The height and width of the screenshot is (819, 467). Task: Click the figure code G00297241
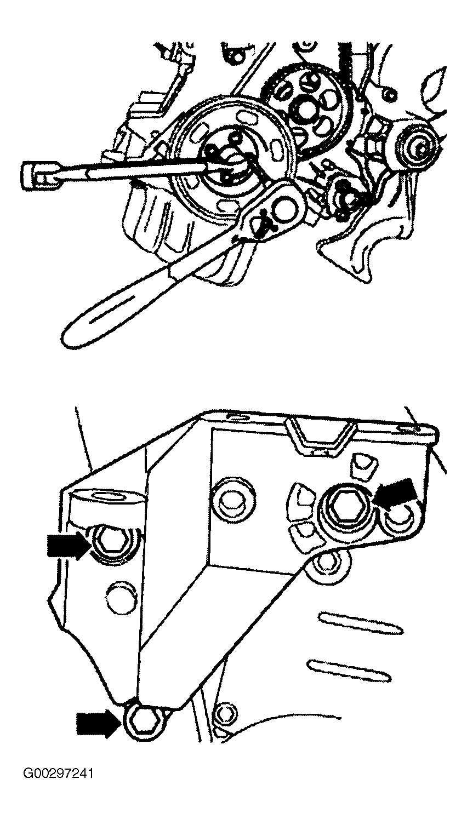58,774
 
